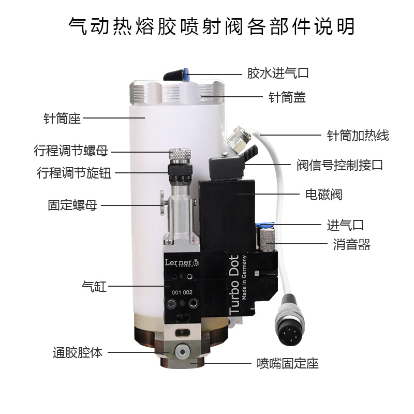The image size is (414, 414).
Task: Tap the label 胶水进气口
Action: [277, 73]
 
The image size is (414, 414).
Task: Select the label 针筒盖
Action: [286, 97]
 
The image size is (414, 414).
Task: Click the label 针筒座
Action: [62, 119]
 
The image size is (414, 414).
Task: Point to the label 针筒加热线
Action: [358, 136]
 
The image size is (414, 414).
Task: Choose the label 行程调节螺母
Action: [71, 151]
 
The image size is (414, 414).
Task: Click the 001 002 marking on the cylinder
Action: [182, 292]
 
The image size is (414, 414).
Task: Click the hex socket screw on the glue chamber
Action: [181, 351]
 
